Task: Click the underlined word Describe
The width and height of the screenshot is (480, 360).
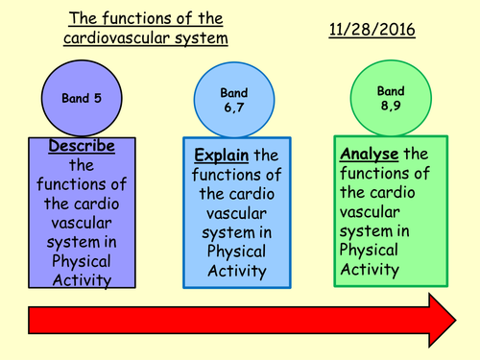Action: tap(83, 146)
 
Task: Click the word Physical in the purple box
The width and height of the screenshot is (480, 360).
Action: tap(83, 261)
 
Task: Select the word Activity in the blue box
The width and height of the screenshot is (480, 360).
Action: tap(236, 271)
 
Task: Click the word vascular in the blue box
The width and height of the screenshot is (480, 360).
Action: tap(236, 212)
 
